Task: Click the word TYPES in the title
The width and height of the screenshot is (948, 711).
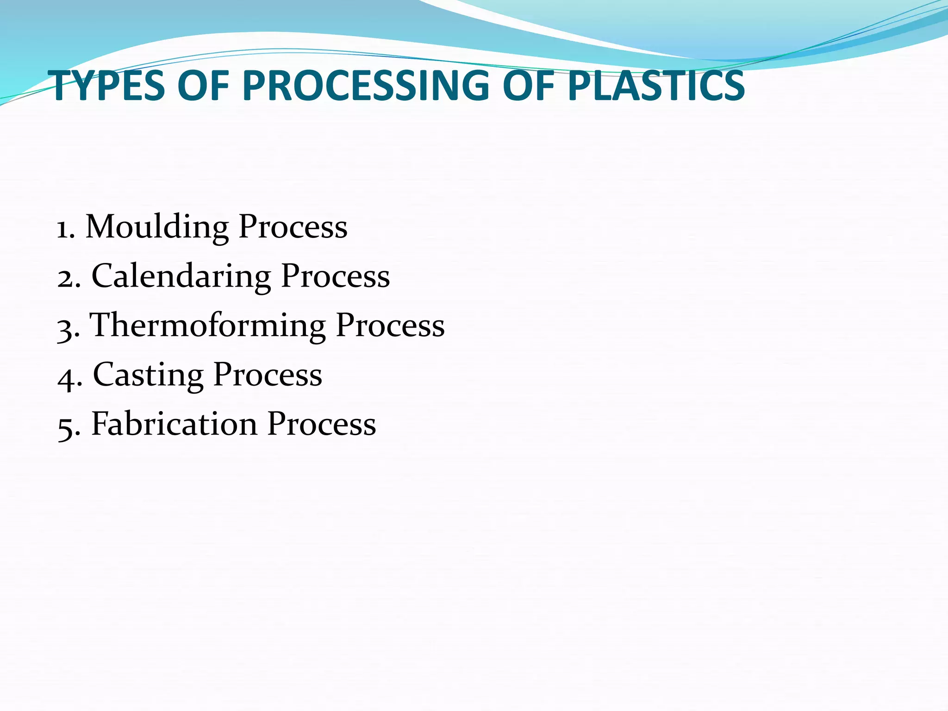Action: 109,86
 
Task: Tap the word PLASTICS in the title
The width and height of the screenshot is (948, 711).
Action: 656,86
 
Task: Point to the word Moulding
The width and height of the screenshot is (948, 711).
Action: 157,227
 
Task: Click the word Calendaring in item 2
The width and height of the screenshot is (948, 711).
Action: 181,276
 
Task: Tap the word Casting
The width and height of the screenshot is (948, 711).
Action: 148,374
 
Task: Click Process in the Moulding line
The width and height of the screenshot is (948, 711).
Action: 293,227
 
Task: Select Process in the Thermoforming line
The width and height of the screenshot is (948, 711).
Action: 390,325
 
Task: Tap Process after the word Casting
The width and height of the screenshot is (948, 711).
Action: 268,374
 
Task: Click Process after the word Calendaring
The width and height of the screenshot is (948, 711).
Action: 336,276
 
